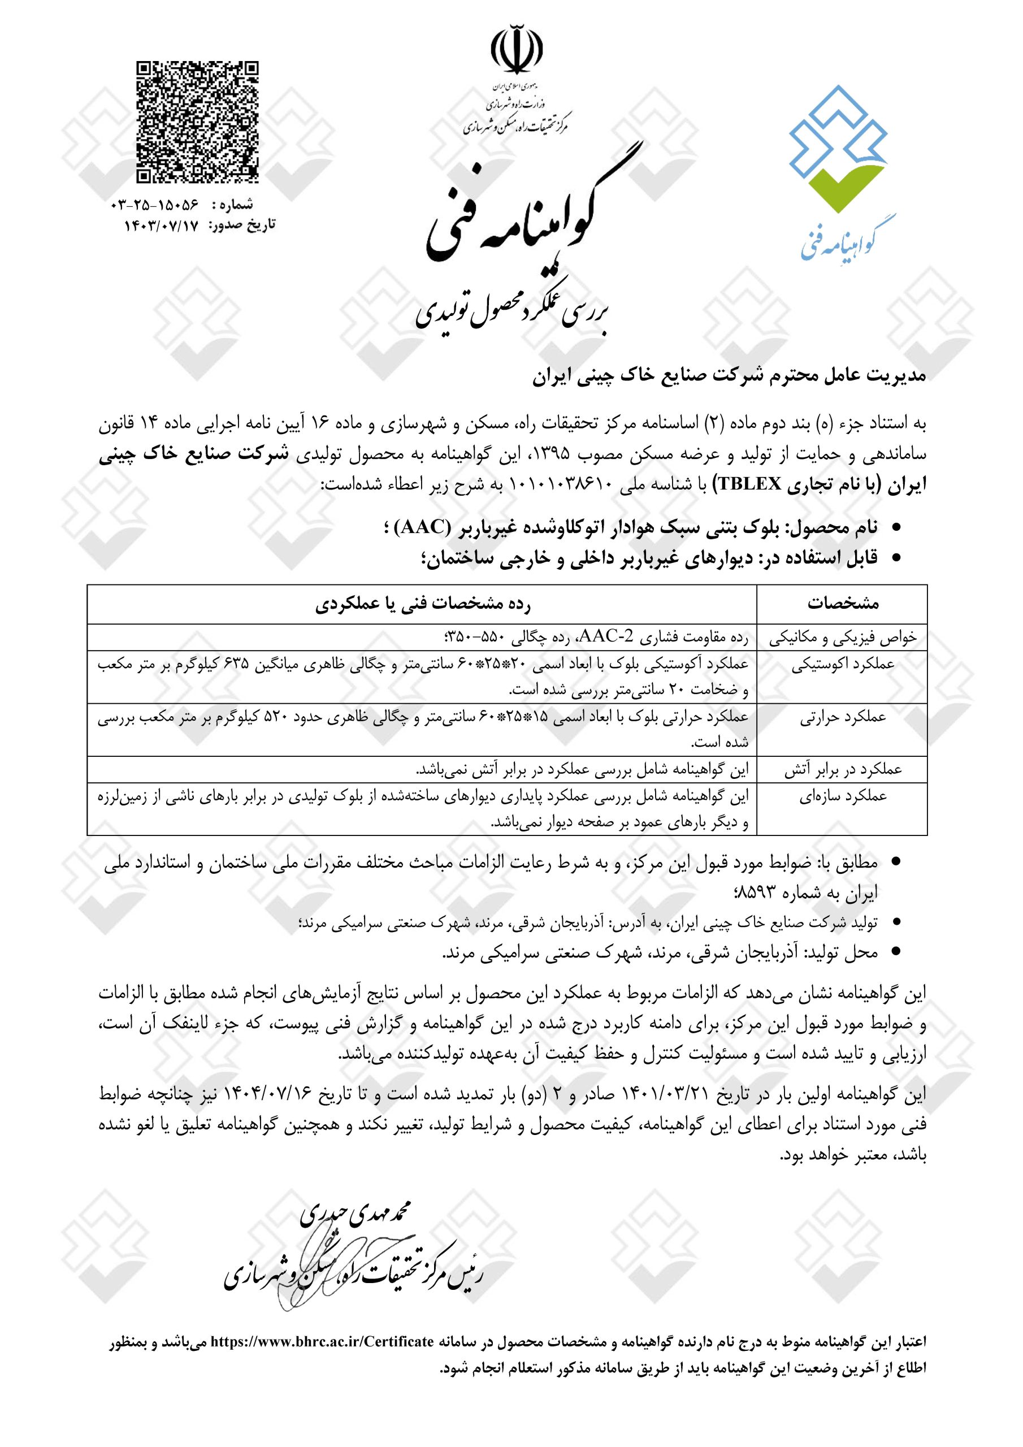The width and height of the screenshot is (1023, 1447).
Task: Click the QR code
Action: pyautogui.click(x=197, y=122)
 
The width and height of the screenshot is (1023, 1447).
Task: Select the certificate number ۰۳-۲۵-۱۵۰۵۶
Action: pyautogui.click(x=154, y=205)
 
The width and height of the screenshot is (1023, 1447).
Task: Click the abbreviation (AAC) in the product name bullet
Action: pyautogui.click(x=422, y=528)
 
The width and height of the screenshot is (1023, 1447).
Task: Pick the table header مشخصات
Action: pyautogui.click(x=842, y=604)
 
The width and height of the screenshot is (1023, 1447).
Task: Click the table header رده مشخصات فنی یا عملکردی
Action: pyautogui.click(x=422, y=604)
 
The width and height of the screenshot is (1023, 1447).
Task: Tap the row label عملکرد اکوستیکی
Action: pyautogui.click(x=842, y=665)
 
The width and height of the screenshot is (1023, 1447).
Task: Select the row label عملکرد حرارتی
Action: pyautogui.click(x=842, y=718)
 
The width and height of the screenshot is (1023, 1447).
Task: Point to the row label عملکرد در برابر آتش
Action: pyautogui.click(x=842, y=769)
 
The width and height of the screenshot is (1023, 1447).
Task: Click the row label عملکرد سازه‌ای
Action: pyautogui.click(x=842, y=796)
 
